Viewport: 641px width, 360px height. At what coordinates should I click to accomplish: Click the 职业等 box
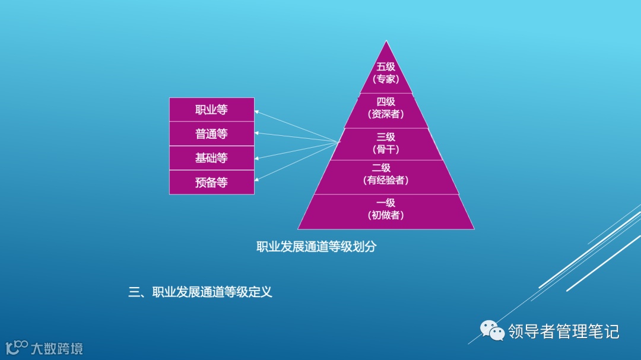click(x=211, y=110)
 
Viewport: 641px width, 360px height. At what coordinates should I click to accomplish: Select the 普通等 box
click(x=211, y=134)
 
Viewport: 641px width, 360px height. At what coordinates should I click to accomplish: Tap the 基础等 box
click(x=211, y=158)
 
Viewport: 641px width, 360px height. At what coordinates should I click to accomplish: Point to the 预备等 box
click(x=211, y=183)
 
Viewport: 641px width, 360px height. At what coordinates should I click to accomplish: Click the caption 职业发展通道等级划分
click(x=316, y=247)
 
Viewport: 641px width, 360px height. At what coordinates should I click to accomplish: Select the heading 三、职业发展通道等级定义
click(x=201, y=292)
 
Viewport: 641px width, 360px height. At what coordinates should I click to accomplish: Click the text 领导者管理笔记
click(x=563, y=331)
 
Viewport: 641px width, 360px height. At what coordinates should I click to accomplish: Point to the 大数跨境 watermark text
click(x=57, y=348)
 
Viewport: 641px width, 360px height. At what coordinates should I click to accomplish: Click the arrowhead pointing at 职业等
click(x=257, y=111)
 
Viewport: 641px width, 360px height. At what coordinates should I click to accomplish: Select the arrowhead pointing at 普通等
click(x=257, y=133)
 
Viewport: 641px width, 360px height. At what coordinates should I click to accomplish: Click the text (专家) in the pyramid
click(x=386, y=79)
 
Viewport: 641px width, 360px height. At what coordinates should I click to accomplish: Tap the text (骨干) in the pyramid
click(x=386, y=149)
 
